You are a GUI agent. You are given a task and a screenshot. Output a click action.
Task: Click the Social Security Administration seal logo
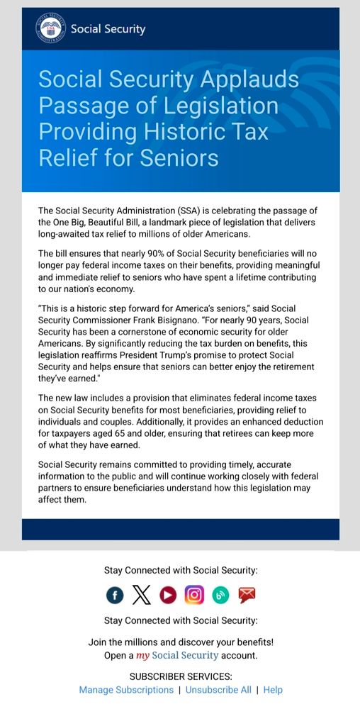pos(50,28)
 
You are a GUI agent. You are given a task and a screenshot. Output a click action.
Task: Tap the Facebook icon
pos(115,596)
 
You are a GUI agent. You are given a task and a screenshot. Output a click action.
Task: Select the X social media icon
pos(142,596)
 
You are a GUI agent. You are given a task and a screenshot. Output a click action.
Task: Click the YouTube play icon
pos(168,596)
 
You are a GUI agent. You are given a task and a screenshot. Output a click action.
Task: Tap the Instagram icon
pos(194,596)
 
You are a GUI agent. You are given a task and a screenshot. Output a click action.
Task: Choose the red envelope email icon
pos(247,596)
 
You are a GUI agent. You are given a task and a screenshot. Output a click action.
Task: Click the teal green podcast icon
pos(220,596)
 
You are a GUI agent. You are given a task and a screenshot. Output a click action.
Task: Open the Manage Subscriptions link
pos(126,690)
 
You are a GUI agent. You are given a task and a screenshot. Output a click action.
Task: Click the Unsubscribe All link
pos(218,690)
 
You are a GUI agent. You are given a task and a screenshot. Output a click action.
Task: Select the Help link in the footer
pos(273,690)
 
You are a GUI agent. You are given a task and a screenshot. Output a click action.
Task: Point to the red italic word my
pos(143,656)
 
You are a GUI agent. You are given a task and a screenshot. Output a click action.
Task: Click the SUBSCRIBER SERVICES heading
pos(181,676)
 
